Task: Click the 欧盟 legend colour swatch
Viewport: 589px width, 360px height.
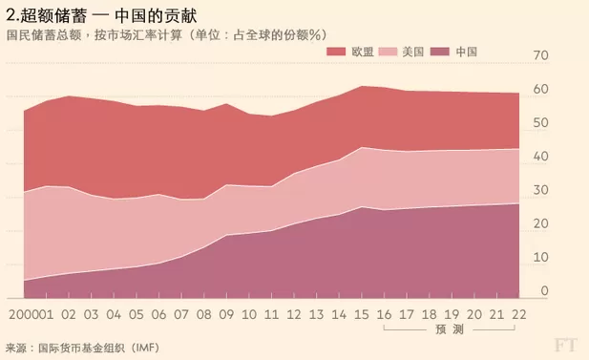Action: click(x=336, y=52)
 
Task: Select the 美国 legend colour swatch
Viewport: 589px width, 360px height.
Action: click(x=388, y=52)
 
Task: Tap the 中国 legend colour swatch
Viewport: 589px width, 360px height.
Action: click(x=440, y=52)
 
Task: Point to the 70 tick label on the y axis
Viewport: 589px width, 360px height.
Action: click(x=541, y=55)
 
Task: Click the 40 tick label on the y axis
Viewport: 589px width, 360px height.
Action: click(x=541, y=157)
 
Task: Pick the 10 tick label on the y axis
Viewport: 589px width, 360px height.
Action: click(x=541, y=258)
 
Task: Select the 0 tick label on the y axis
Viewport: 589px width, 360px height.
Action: click(x=545, y=291)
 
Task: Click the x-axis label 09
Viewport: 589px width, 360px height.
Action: click(x=226, y=314)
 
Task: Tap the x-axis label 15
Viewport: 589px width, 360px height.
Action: click(x=362, y=314)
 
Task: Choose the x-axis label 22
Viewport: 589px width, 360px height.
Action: click(x=519, y=314)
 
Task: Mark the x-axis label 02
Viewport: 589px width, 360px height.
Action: click(x=69, y=314)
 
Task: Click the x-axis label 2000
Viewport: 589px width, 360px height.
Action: click(x=24, y=314)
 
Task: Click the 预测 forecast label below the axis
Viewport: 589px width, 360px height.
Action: click(x=450, y=329)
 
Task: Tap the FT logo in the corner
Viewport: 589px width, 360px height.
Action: click(x=565, y=345)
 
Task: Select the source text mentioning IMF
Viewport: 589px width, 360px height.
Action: click(x=82, y=348)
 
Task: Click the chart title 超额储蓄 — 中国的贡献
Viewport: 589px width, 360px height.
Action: click(x=101, y=15)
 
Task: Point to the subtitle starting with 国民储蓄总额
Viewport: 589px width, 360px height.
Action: click(x=166, y=35)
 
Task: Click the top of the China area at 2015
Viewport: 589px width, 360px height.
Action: click(x=362, y=207)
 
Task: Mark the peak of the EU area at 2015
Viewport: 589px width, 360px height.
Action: click(x=362, y=86)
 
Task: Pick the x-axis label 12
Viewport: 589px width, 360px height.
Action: click(x=294, y=314)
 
